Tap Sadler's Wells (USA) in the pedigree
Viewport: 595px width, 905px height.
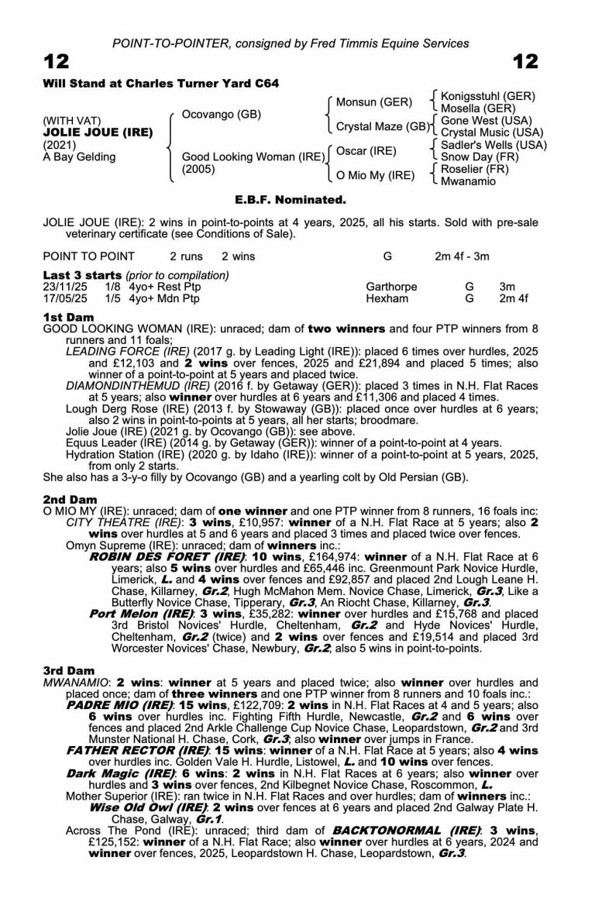(494, 145)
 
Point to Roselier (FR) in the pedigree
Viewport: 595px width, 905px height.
(473, 169)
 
